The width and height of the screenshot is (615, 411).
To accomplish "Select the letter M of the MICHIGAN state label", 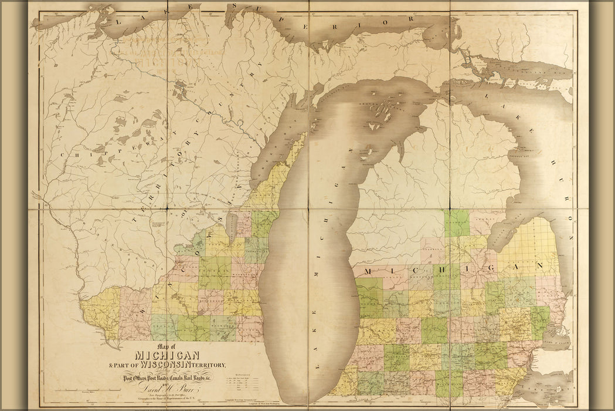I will click(368, 271).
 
